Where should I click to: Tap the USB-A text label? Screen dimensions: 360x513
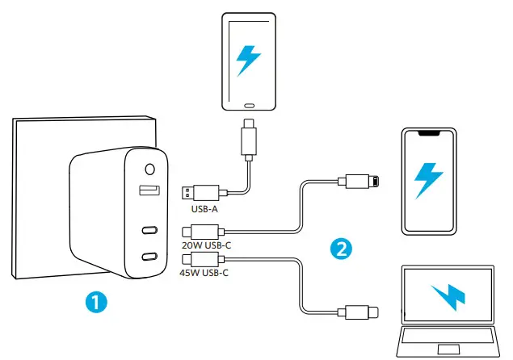point(203,209)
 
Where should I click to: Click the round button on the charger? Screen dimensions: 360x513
point(150,170)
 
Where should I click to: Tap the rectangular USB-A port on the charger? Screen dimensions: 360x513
point(150,191)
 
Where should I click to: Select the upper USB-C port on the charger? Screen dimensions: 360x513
point(150,229)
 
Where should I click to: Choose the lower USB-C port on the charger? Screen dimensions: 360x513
point(150,257)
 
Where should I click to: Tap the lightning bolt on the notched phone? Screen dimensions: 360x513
point(427,180)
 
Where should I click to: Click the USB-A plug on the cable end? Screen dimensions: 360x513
point(200,192)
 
